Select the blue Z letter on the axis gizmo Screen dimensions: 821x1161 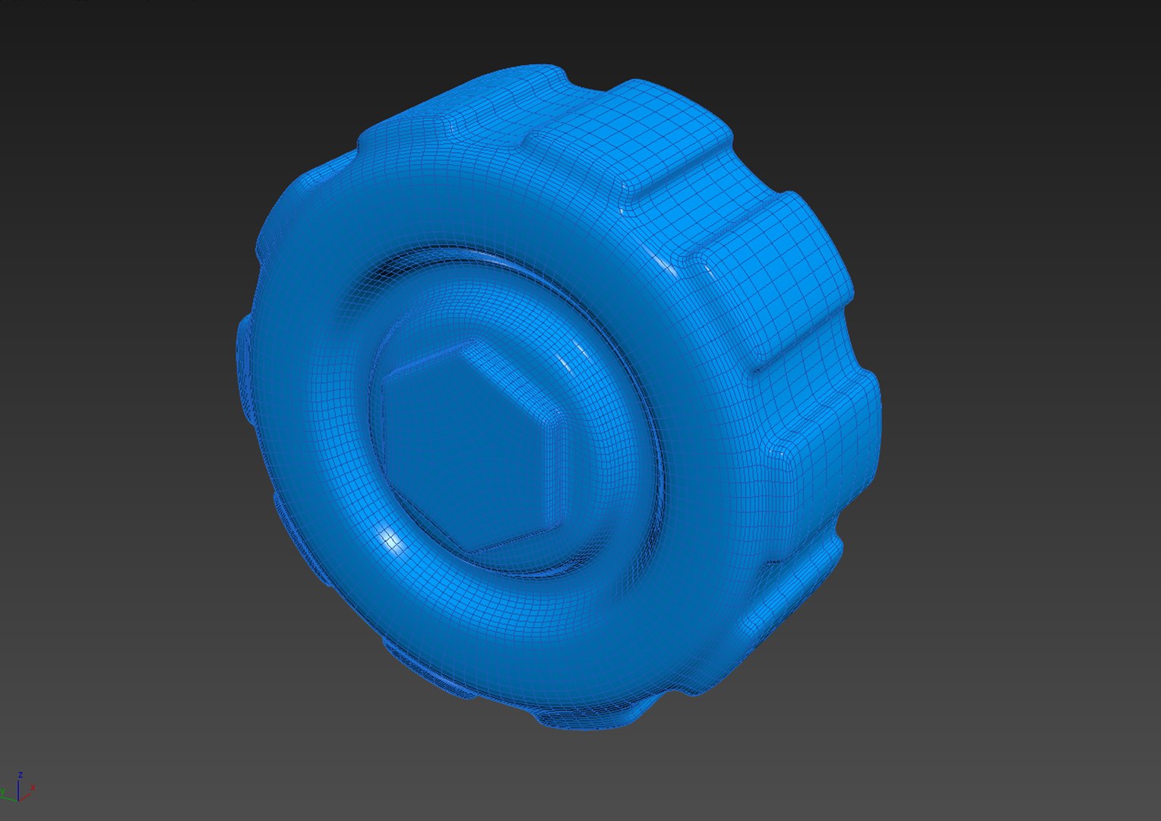tap(21, 775)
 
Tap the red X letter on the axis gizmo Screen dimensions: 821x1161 tap(33, 788)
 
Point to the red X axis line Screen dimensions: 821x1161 tap(27, 795)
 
